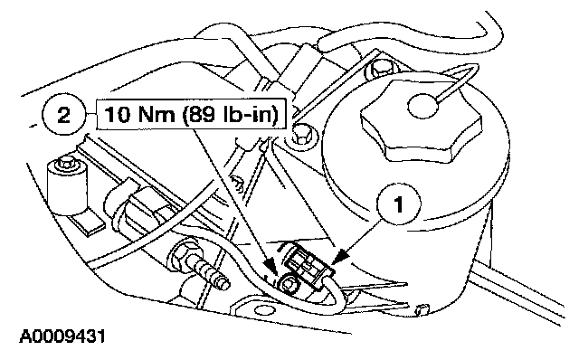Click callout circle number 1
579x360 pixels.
pyautogui.click(x=399, y=204)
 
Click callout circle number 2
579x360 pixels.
pyautogui.click(x=64, y=115)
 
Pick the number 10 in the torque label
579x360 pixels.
pyautogui.click(x=118, y=115)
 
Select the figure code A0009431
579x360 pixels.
pyautogui.click(x=62, y=336)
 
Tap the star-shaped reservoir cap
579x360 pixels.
pyautogui.click(x=421, y=125)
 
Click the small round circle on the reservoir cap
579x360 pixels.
pyautogui.click(x=423, y=106)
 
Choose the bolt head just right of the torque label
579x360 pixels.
pyautogui.click(x=301, y=135)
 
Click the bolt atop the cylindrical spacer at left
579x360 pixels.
pyautogui.click(x=66, y=163)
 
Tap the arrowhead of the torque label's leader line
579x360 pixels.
pyautogui.click(x=270, y=267)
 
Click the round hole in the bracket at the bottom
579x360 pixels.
pyautogui.click(x=261, y=309)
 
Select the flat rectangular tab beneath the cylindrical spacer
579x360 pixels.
pyautogui.click(x=89, y=223)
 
